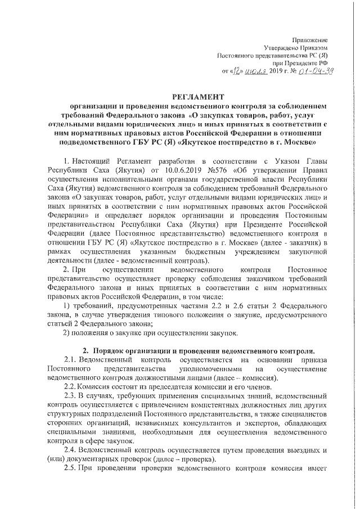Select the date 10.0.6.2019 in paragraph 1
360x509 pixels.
(168, 170)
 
